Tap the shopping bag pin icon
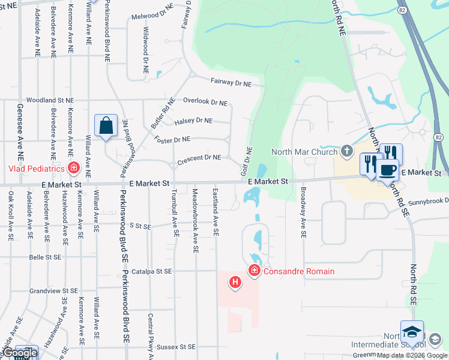tap(106, 127)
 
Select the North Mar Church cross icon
tap(347, 151)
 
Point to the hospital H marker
tap(235, 281)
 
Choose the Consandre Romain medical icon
tap(254, 271)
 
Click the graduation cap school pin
tap(412, 331)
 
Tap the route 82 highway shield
tap(402, 11)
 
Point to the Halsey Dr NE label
tap(193, 121)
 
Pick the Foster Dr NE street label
tap(172, 139)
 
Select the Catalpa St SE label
tap(152, 271)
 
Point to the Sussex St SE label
tap(176, 347)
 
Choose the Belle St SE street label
tap(46, 257)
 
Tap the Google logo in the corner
tap(19, 353)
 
